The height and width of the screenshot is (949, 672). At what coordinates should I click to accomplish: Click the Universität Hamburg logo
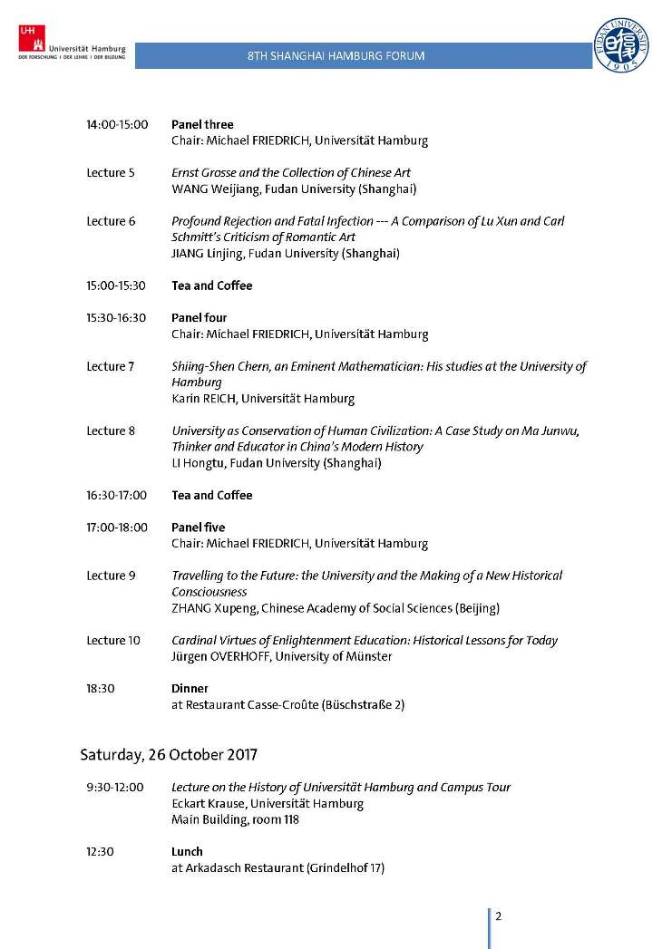pyautogui.click(x=71, y=44)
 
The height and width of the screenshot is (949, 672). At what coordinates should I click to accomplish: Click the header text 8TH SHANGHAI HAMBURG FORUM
pyautogui.click(x=336, y=56)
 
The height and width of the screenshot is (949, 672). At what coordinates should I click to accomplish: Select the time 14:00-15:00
pyautogui.click(x=117, y=124)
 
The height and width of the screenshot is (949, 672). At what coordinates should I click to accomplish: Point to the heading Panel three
pyautogui.click(x=202, y=124)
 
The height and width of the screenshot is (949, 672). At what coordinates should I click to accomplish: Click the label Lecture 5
pyautogui.click(x=111, y=172)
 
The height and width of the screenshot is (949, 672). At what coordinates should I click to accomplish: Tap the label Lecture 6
pyautogui.click(x=111, y=221)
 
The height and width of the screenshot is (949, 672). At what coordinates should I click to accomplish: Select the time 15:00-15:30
pyautogui.click(x=116, y=286)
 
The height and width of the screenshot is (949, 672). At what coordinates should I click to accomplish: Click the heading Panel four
pyautogui.click(x=199, y=318)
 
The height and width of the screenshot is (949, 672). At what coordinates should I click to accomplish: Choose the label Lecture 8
pyautogui.click(x=111, y=431)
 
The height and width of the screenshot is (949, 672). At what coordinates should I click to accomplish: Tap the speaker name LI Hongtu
pyautogui.click(x=200, y=463)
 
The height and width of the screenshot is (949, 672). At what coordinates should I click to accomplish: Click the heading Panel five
pyautogui.click(x=198, y=528)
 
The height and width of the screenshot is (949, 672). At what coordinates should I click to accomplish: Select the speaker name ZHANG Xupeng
pyautogui.click(x=214, y=608)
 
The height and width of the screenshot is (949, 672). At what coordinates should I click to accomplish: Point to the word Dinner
pyautogui.click(x=190, y=689)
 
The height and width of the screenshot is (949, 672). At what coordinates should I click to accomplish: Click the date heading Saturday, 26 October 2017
pyautogui.click(x=169, y=754)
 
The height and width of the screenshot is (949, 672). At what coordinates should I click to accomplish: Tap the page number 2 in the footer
pyautogui.click(x=498, y=915)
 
